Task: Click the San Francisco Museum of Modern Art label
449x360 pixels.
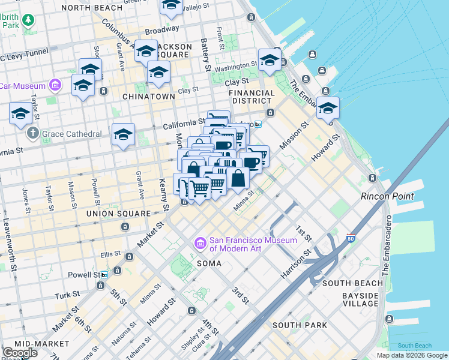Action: tap(253, 245)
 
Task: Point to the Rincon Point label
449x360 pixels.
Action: tap(387, 196)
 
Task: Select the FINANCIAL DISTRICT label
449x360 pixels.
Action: tap(253, 97)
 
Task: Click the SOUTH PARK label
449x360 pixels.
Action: tap(300, 325)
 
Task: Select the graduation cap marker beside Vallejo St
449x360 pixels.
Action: tap(172, 5)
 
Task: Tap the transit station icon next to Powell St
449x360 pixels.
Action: tap(104, 275)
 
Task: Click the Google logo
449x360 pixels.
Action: tap(20, 353)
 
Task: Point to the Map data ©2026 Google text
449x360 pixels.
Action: tap(411, 355)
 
